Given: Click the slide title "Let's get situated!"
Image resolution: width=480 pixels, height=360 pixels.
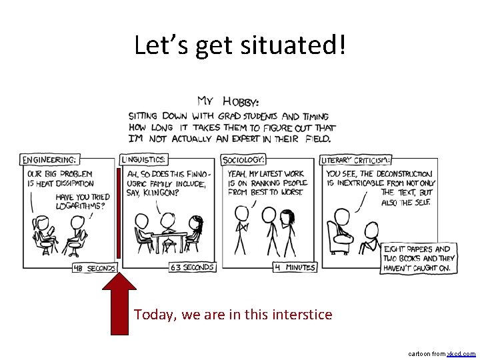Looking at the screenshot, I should point(240,45).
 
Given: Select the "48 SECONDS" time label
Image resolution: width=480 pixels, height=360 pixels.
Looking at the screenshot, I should point(94,268).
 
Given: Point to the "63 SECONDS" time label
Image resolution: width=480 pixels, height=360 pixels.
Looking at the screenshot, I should point(192,267).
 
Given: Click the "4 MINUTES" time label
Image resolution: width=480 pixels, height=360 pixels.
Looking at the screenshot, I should point(294,267).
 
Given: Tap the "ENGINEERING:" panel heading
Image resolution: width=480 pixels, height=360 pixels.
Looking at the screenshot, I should point(50,159).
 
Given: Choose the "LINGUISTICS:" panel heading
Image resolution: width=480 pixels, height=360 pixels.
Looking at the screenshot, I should point(144,159).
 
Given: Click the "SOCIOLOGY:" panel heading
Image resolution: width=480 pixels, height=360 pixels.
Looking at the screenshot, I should point(244,159).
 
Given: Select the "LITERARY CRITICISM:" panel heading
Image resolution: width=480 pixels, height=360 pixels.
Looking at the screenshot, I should point(356,160).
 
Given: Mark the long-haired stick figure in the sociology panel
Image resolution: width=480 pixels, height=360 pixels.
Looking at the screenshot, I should point(288,230).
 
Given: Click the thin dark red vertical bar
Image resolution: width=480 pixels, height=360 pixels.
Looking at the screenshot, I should point(119,213).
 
